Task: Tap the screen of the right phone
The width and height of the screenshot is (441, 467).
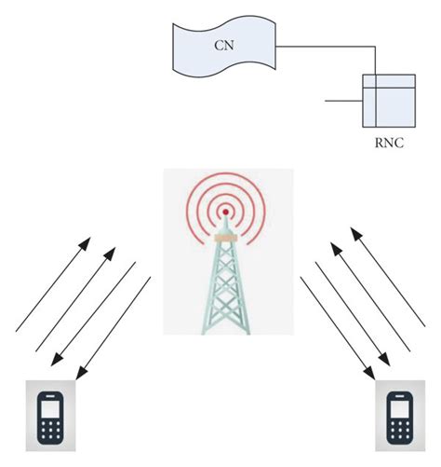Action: tap(398, 408)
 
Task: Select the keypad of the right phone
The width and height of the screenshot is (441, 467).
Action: tap(398, 431)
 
